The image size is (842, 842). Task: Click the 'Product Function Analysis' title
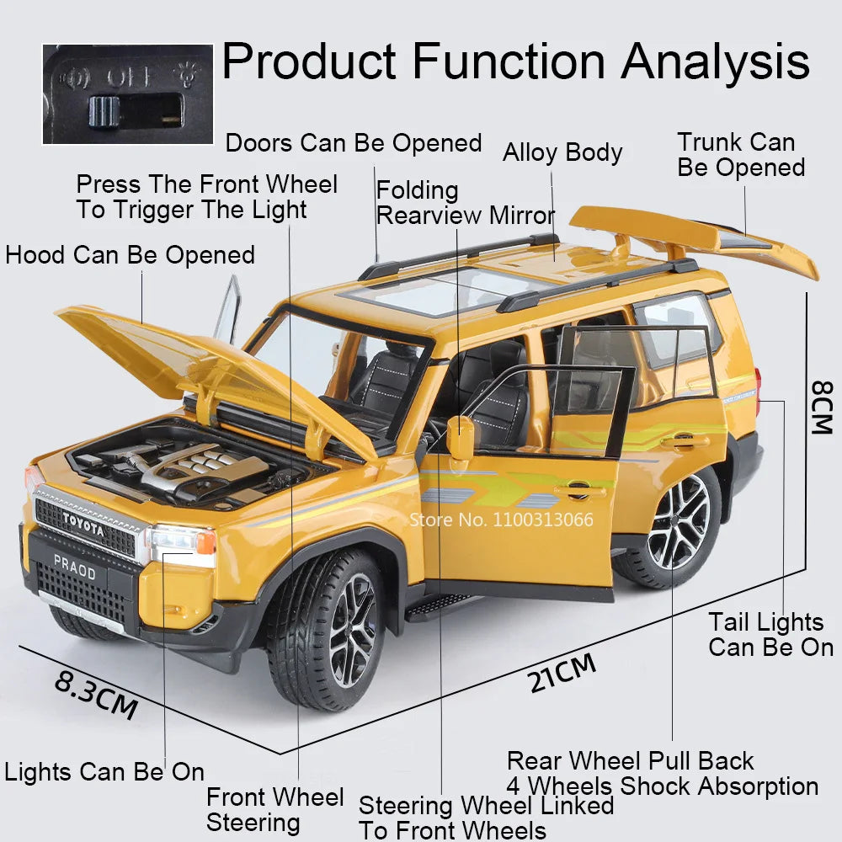(515, 61)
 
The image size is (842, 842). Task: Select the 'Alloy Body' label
(562, 152)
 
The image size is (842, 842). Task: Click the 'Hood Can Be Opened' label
(130, 254)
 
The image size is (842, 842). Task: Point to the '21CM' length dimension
(562, 673)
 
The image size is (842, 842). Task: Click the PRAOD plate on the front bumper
(75, 567)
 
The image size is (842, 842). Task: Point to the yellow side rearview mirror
(460, 438)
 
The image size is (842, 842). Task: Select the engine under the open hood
(185, 467)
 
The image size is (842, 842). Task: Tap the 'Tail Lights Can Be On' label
(770, 634)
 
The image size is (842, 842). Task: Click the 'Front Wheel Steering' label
(274, 809)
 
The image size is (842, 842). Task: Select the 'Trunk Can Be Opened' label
(741, 155)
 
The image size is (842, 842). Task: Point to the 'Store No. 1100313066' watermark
(502, 520)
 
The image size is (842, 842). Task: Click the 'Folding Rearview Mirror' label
(465, 203)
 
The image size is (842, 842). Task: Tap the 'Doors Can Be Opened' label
(354, 143)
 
